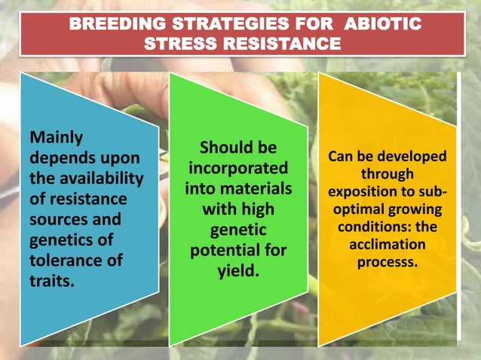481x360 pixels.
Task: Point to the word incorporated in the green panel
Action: coord(237,166)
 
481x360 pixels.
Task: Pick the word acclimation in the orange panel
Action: coord(388,245)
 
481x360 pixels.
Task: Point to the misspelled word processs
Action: coord(388,262)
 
